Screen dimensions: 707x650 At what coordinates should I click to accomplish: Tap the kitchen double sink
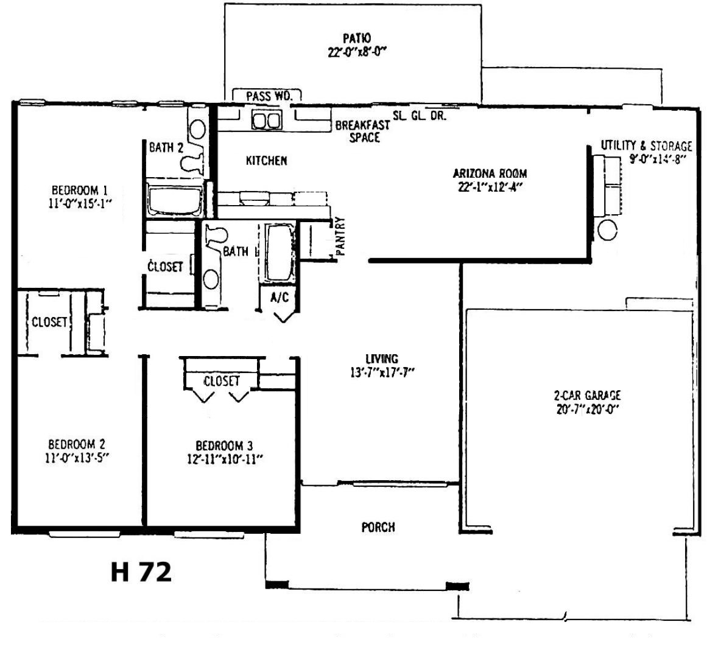(x=267, y=121)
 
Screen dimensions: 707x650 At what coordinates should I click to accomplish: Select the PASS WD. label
(x=269, y=96)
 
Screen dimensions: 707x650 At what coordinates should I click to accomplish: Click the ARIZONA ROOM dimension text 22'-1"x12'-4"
(x=490, y=187)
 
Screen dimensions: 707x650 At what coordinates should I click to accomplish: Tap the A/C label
(x=280, y=298)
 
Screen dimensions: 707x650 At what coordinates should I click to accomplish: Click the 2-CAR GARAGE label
(x=587, y=396)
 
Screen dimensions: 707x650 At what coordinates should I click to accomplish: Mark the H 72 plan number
(x=141, y=571)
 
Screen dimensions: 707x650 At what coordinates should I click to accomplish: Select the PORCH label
(x=378, y=526)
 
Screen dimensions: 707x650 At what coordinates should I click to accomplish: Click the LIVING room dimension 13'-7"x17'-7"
(x=382, y=373)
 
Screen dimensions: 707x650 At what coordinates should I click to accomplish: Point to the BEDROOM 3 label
(x=224, y=446)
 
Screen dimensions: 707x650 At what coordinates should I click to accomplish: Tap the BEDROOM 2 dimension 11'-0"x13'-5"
(x=77, y=458)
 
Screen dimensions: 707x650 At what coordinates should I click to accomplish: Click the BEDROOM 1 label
(x=80, y=190)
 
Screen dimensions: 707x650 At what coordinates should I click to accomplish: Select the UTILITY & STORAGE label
(x=646, y=145)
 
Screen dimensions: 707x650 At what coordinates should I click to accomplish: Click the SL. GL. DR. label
(x=420, y=116)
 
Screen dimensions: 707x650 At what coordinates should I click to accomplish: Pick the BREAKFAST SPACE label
(x=363, y=131)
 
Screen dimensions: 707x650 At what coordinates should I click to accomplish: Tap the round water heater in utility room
(x=607, y=230)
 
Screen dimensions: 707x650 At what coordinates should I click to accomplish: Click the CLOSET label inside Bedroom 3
(x=222, y=381)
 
